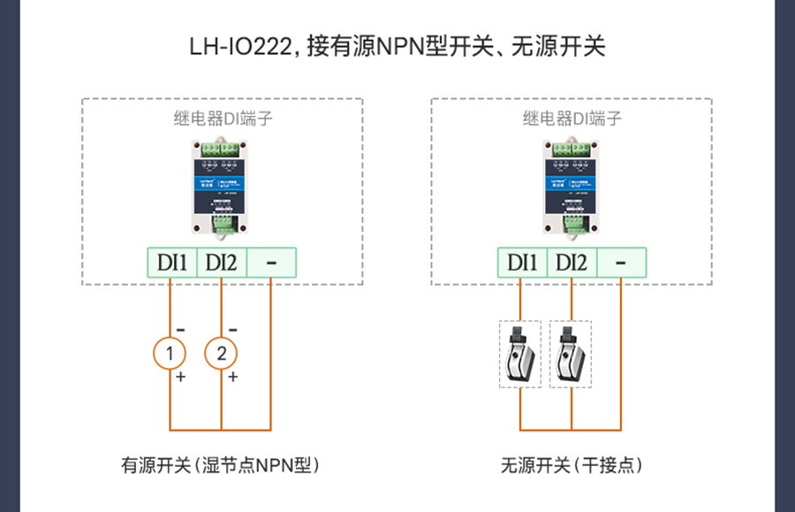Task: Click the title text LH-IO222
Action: tap(239, 46)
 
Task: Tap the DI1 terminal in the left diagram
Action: tap(171, 263)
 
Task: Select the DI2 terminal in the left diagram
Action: tap(221, 263)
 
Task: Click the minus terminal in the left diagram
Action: tap(270, 263)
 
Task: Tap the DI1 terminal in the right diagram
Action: tap(522, 263)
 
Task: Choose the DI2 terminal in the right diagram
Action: tap(572, 263)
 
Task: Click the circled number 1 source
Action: tap(170, 354)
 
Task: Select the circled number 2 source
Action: tap(221, 354)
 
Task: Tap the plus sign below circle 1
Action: tap(182, 377)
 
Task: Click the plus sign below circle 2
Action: tap(233, 377)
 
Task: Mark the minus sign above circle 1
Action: tap(181, 329)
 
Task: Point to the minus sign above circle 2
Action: tap(232, 329)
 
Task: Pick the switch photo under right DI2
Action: tap(571, 354)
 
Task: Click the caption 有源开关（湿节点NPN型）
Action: tap(220, 464)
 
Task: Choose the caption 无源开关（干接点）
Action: tap(571, 464)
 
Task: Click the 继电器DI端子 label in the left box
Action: tap(223, 118)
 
